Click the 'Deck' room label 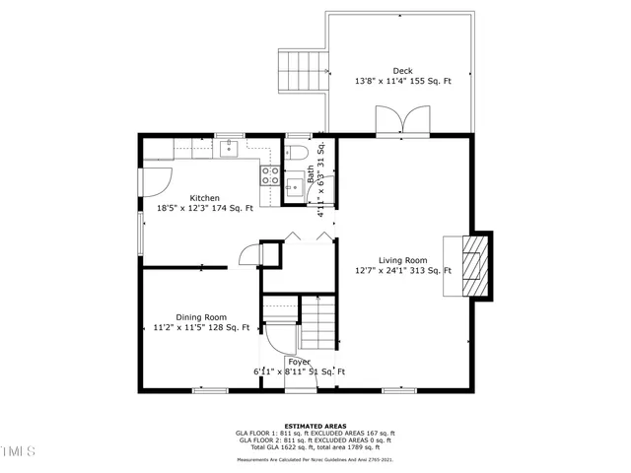pyautogui.click(x=402, y=71)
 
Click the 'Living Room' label pyautogui.click(x=402, y=260)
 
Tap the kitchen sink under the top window pyautogui.click(x=228, y=149)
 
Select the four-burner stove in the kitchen pyautogui.click(x=269, y=175)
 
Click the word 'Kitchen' pyautogui.click(x=204, y=198)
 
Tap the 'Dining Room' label pyautogui.click(x=201, y=317)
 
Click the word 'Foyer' pyautogui.click(x=300, y=362)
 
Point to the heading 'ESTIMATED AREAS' pyautogui.click(x=315, y=426)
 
